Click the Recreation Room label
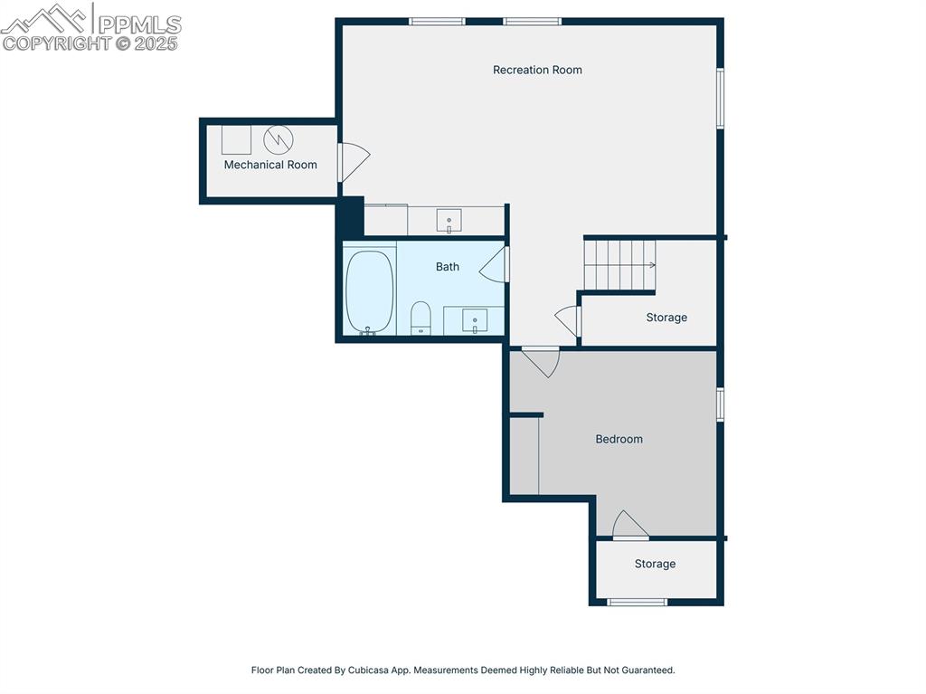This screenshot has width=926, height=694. (537, 70)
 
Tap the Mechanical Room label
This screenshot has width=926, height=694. (270, 165)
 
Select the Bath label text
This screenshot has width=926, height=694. (448, 267)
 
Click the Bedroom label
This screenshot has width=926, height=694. (619, 439)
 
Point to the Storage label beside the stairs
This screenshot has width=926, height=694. (666, 318)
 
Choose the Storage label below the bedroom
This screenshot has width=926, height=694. (655, 564)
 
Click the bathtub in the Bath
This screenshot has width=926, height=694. (369, 291)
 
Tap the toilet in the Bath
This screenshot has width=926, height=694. (420, 318)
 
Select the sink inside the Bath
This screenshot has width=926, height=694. (475, 320)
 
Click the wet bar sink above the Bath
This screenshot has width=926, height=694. (449, 220)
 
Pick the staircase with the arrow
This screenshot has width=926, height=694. (619, 264)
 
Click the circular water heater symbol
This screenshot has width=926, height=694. (279, 139)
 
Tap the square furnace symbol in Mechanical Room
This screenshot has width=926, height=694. (236, 139)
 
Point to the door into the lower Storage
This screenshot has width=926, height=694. (629, 526)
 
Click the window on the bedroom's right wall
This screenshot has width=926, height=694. (721, 404)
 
